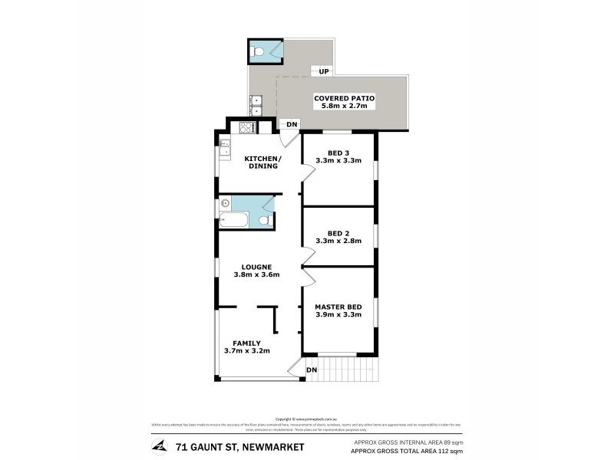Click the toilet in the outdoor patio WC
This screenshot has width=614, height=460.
pyautogui.click(x=259, y=51)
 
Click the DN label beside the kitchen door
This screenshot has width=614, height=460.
pyautogui.click(x=292, y=125)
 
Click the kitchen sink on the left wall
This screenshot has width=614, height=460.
pyautogui.click(x=224, y=147)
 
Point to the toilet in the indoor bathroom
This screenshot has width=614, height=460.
pyautogui.click(x=263, y=221)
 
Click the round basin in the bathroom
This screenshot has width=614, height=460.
pyautogui.click(x=226, y=204)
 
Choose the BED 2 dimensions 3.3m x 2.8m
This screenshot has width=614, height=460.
pyautogui.click(x=338, y=241)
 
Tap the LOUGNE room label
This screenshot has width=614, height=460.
pyautogui.click(x=256, y=266)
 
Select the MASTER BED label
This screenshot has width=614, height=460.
pyautogui.click(x=338, y=307)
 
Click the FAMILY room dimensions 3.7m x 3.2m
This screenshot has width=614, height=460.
pyautogui.click(x=247, y=351)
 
